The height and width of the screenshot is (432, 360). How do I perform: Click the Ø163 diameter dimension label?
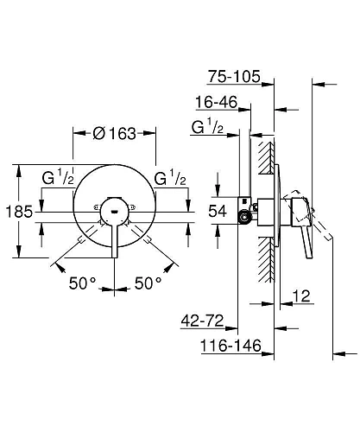pyautogui.click(x=115, y=133)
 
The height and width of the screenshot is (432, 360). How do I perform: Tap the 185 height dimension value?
pyautogui.click(x=19, y=212)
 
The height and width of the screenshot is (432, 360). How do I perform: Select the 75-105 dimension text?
pyautogui.click(x=234, y=76)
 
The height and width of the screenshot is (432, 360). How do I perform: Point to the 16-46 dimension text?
pyautogui.click(x=217, y=102)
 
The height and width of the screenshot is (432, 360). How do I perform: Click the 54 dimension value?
pyautogui.click(x=218, y=211)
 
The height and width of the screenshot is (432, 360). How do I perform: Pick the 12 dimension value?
pyautogui.click(x=301, y=295)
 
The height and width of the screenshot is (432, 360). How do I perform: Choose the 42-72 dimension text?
pyautogui.click(x=202, y=321)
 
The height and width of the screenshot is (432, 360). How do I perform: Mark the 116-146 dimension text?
pyautogui.click(x=231, y=346)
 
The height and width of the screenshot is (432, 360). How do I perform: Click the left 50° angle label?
pyautogui.click(x=82, y=283)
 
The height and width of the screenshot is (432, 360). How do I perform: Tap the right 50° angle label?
pyautogui.click(x=148, y=283)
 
